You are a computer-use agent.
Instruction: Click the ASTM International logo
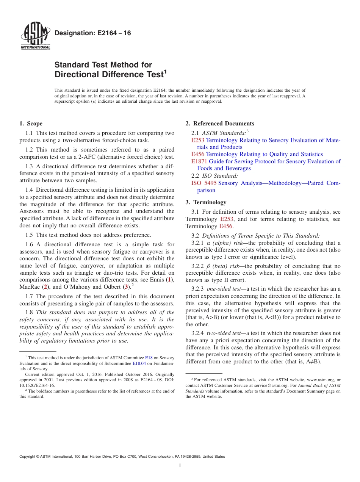coord(35,37)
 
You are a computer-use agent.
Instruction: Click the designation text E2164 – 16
coord(93,33)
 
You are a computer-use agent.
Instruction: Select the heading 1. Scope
coord(31,124)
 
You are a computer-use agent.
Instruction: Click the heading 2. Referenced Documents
coord(220,124)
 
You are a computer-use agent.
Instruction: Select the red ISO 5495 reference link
coord(204,183)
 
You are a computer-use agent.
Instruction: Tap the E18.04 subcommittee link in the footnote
coord(139,363)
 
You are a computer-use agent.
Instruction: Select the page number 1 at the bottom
coord(180,466)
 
